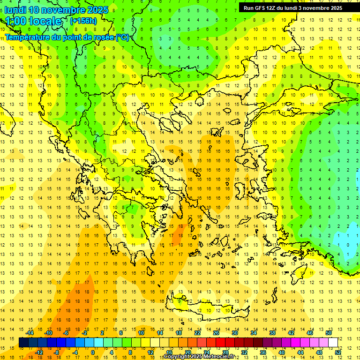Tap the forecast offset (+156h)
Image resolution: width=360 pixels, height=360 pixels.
pyautogui.click(x=83, y=21)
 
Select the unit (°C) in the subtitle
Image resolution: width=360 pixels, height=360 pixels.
pyautogui.click(x=122, y=37)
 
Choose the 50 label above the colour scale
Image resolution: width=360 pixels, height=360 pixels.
pyautogui.click(x=329, y=333)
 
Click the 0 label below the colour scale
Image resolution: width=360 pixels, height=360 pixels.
pyautogui.click(x=92, y=352)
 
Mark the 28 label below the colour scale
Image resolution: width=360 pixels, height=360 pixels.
pyautogui.click(x=225, y=352)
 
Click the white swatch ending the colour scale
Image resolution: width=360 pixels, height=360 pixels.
pyautogui.click(x=333, y=342)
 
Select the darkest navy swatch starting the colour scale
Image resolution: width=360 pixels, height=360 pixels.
pyautogui.click(x=23, y=342)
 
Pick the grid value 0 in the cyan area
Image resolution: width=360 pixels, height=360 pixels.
pyautogui.click(x=348, y=245)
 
